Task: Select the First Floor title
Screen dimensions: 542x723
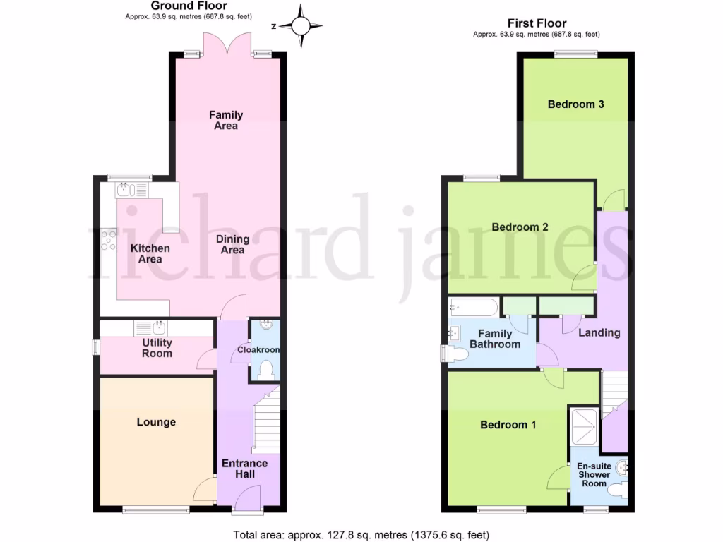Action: click(537, 23)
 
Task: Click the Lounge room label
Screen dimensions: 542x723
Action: click(156, 422)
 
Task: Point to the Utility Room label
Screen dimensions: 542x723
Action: click(157, 348)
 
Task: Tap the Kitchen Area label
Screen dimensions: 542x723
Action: click(149, 253)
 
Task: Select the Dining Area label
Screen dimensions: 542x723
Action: click(232, 244)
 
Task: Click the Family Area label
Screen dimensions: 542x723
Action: click(226, 120)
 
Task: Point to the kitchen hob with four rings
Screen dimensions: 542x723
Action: click(109, 241)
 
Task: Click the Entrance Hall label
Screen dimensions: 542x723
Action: click(244, 469)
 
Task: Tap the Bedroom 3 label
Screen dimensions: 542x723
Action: click(575, 104)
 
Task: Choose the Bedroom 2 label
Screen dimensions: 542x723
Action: click(520, 227)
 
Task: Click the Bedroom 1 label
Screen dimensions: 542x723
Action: click(508, 424)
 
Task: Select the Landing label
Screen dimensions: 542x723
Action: click(599, 332)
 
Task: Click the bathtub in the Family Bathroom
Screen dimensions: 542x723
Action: click(474, 308)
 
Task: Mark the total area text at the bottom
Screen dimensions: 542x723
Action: click(361, 534)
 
